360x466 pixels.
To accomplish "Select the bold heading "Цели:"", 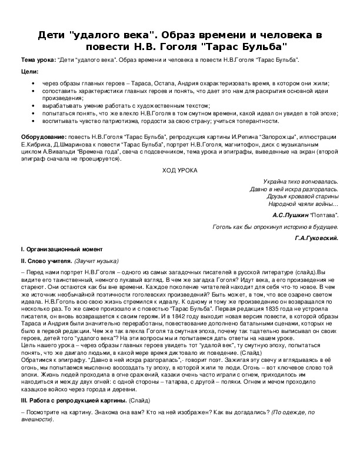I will click(x=29, y=72).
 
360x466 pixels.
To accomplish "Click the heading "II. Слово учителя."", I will click(x=46, y=261).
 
